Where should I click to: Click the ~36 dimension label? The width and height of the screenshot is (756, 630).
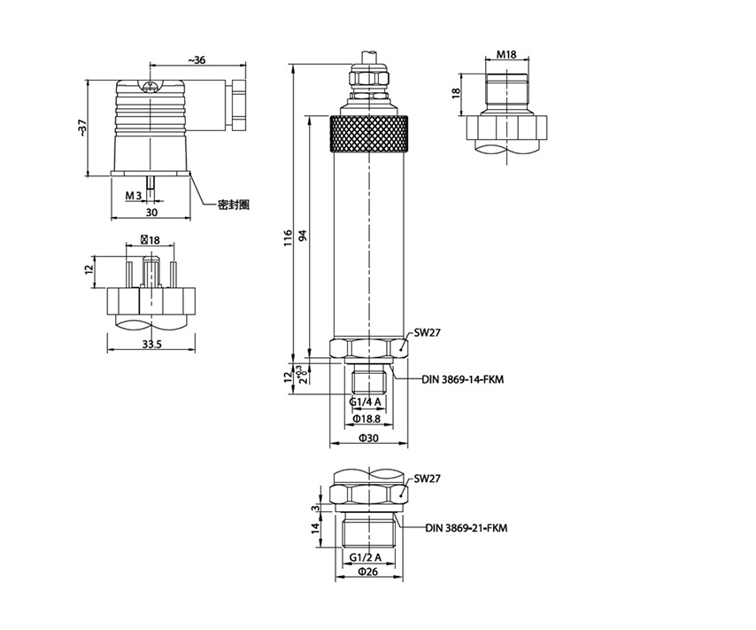click(197, 60)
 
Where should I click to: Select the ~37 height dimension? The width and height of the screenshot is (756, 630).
click(83, 128)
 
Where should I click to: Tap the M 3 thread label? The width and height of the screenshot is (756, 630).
click(134, 196)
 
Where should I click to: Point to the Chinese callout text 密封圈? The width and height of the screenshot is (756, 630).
click(234, 205)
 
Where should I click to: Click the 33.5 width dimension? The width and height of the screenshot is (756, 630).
click(151, 344)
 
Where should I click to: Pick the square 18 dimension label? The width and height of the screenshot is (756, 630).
click(150, 240)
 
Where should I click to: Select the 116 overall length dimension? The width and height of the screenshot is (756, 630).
click(288, 238)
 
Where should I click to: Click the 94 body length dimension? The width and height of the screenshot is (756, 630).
click(303, 236)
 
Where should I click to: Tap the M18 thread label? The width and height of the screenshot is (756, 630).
click(506, 55)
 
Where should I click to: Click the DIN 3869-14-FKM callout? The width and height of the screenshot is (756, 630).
click(463, 379)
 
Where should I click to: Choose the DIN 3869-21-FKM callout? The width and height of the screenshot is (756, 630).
click(467, 528)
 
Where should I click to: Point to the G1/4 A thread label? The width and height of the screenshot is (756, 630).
click(366, 401)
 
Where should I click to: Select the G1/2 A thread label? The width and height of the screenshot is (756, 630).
click(366, 557)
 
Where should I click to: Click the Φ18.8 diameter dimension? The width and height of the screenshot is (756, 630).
click(366, 418)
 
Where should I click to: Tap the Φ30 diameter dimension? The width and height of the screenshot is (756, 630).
click(369, 439)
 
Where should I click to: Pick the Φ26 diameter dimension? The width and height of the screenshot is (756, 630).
click(368, 572)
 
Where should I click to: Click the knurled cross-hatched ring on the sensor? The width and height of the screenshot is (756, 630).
click(369, 134)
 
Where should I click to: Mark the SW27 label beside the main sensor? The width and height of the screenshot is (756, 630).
click(428, 332)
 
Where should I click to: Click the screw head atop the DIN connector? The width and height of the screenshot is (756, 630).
click(150, 87)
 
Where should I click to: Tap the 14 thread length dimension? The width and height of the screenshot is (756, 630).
click(316, 528)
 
